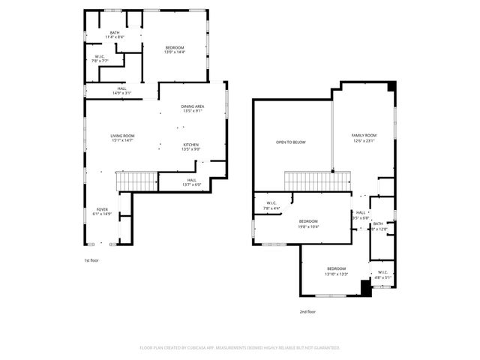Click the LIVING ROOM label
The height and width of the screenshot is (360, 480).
pos(123,136)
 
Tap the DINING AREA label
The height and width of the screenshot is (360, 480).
pos(192,106)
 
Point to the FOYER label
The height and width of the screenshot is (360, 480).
pos(102,209)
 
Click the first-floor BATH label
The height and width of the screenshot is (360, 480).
pos(115,32)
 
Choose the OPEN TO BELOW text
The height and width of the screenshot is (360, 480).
pos(290,142)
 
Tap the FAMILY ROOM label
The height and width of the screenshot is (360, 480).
pos(363,135)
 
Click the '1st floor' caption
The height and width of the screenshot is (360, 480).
pos(91,260)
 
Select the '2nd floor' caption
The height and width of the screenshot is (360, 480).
pos(307,311)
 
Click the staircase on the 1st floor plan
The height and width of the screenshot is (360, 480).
pos(136,181)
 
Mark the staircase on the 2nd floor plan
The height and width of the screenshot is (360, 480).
pos(318,181)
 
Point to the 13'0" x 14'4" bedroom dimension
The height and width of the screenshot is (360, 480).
pos(175,52)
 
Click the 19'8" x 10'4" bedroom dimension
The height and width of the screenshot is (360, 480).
pos(309,226)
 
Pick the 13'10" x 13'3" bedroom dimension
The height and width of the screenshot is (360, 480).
pos(336,274)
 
